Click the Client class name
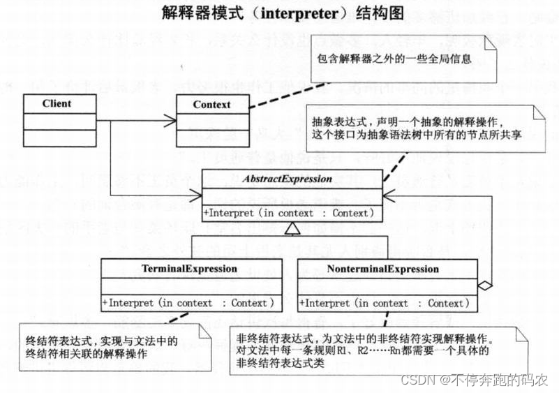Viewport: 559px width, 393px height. (x=57, y=104)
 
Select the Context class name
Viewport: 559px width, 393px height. (x=211, y=105)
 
